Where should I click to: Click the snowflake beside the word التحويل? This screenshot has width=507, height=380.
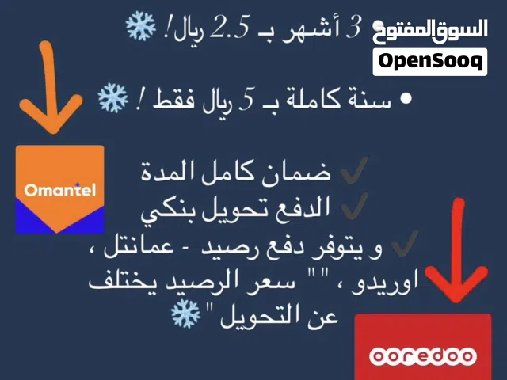point(185,314)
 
